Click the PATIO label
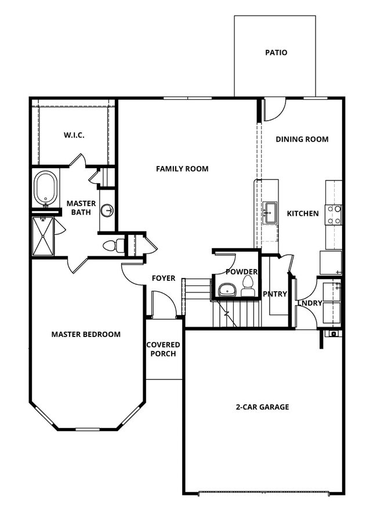pos(276,53)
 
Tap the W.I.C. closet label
pos(74,135)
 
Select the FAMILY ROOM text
pos(182,169)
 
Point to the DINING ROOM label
pos(302,139)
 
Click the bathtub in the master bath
pos(45,188)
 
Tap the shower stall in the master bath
pos(42,235)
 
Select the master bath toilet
pos(113,246)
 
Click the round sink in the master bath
pos(107,211)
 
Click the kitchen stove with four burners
pos(333,214)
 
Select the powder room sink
pos(225,288)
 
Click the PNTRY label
pos(275,294)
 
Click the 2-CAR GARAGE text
pos(263,407)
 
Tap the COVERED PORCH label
pos(163,349)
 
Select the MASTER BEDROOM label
pos(86,334)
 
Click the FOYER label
pos(164,278)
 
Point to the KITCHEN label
pos(303,213)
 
